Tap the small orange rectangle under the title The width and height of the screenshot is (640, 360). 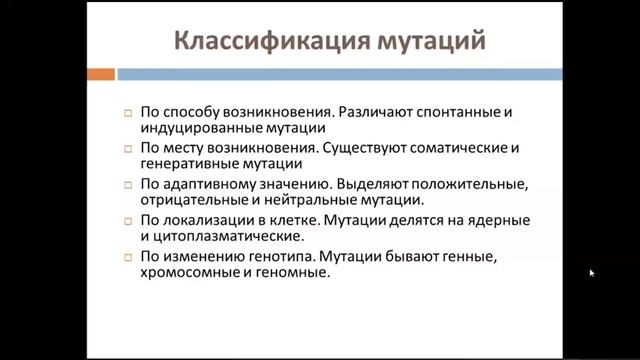coord(100,74)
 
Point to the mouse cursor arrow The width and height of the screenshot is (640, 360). coord(591,272)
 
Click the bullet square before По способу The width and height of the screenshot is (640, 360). coord(128,113)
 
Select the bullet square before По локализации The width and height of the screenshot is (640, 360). coord(128,221)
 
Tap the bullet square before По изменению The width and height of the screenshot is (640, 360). coord(128,257)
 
